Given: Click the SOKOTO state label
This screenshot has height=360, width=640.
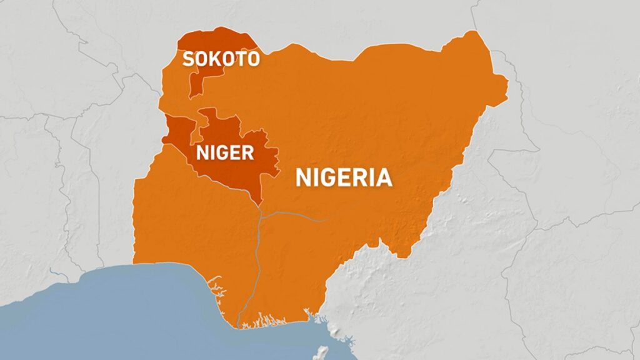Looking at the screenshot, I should click(221, 59).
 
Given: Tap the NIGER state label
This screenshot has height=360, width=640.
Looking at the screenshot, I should click(225, 152).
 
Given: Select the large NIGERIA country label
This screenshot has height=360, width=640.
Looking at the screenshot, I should click(344, 177).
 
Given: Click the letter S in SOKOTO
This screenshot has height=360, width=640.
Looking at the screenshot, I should click(187, 59).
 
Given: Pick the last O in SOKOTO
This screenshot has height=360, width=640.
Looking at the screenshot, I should click(253, 59).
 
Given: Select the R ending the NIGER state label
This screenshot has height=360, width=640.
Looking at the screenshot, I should click(248, 152).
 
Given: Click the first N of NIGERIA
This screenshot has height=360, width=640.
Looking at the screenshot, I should click(304, 177).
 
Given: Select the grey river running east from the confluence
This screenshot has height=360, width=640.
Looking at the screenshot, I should click(294, 214).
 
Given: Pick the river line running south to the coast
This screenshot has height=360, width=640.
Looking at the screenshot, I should click(257, 262).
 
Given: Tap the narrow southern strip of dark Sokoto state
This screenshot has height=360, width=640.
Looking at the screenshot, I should click(195, 87).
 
